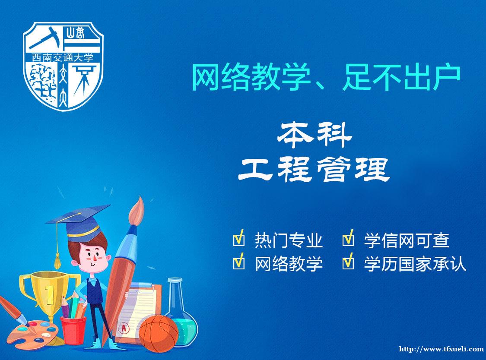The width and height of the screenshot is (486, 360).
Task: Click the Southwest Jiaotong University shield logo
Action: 63,66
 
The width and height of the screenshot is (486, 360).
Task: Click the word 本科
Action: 314,136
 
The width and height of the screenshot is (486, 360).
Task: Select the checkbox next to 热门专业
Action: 238,239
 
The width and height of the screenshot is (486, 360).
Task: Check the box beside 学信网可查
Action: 348,239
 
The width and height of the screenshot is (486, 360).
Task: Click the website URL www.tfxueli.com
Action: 441,349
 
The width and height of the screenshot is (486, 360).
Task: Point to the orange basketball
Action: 159,333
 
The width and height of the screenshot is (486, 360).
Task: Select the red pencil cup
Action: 73,330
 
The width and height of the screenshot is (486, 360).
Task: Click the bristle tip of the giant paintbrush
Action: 137,211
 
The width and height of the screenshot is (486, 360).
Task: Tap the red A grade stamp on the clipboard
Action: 124,328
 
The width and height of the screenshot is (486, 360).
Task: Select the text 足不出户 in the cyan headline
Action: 401,77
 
